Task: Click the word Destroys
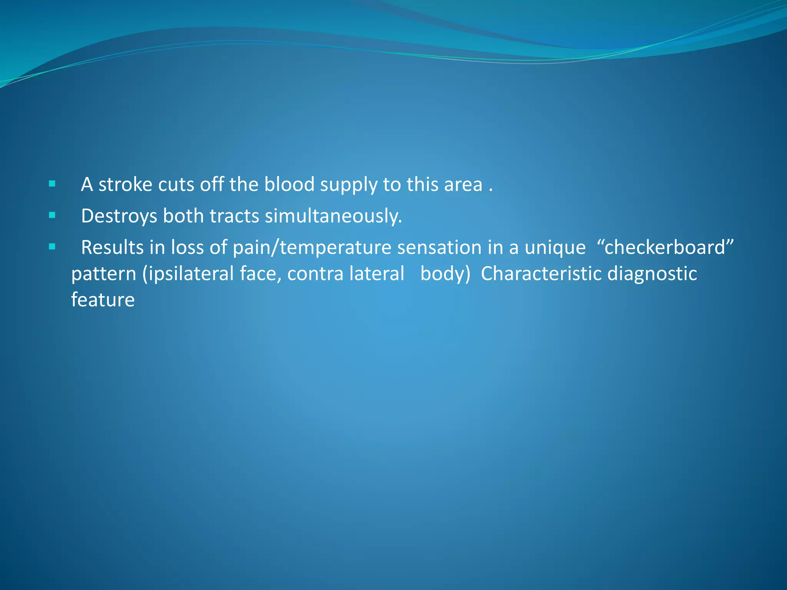click(x=119, y=216)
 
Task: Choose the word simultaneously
click(x=333, y=216)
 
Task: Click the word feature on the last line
click(x=103, y=300)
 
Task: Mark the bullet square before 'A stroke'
click(x=52, y=184)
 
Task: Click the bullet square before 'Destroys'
click(x=52, y=215)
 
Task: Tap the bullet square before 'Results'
click(x=52, y=247)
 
